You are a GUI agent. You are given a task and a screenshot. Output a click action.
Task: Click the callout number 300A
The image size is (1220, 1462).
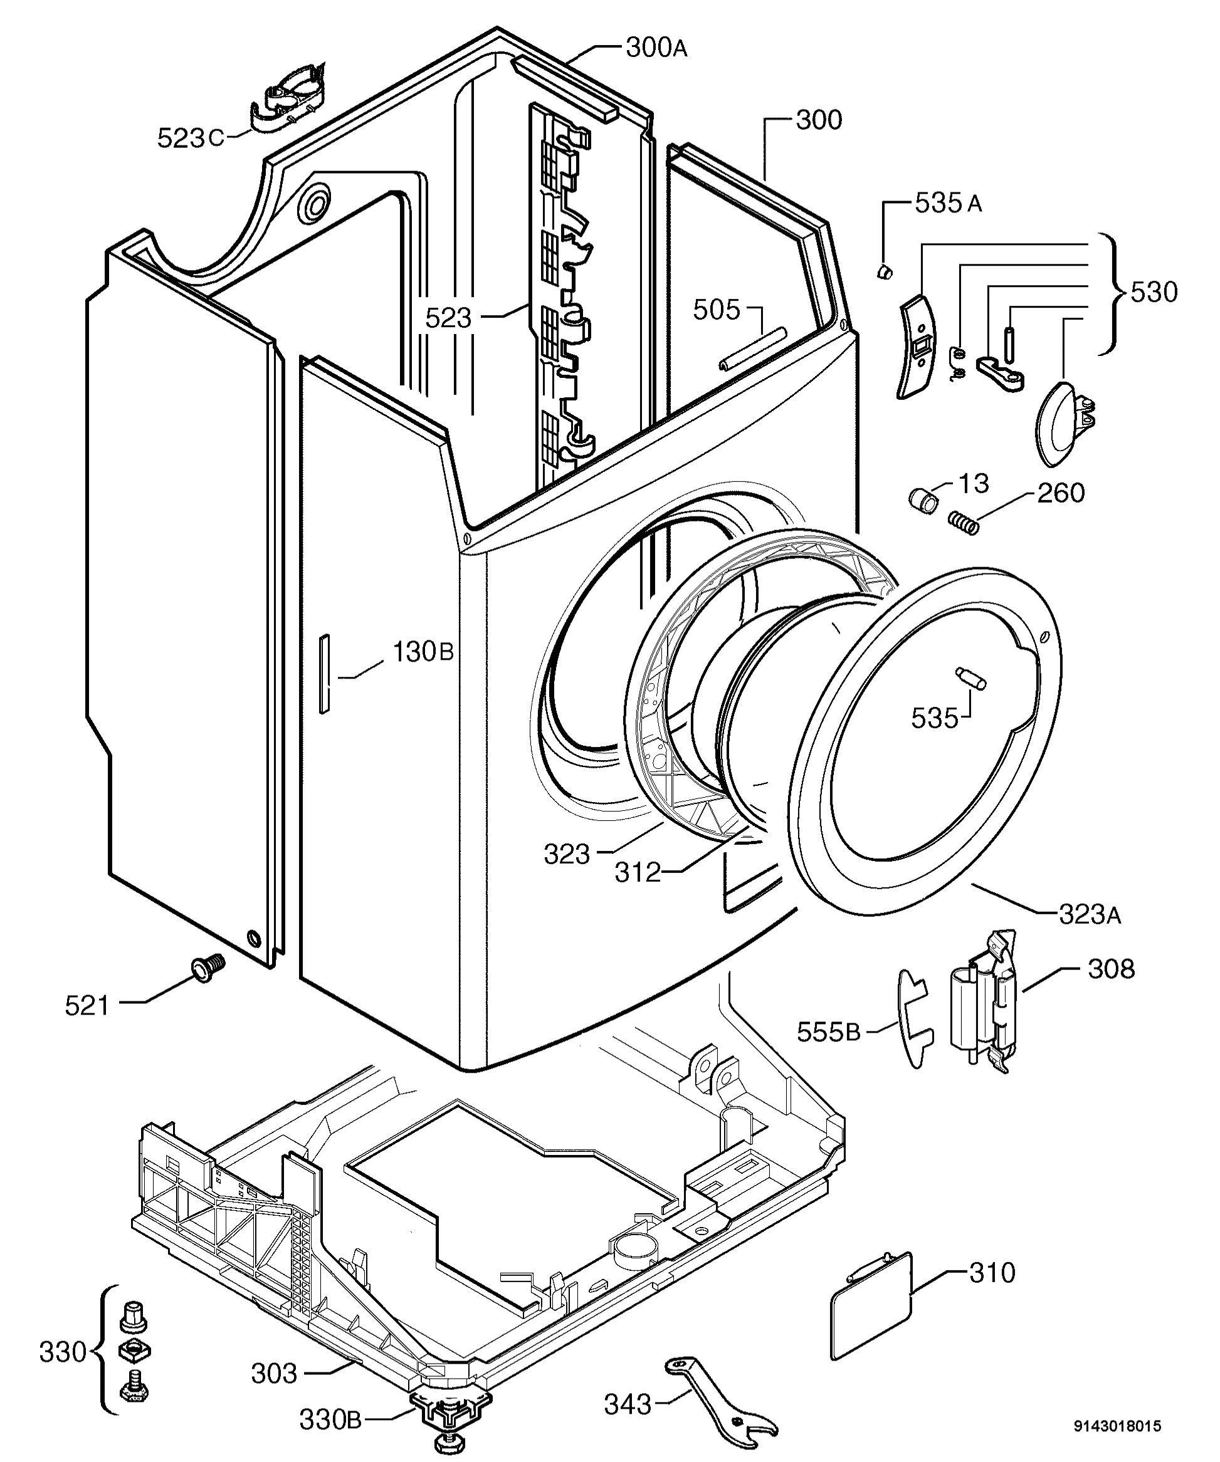(656, 48)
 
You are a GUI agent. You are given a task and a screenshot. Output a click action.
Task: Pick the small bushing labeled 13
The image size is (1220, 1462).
(923, 499)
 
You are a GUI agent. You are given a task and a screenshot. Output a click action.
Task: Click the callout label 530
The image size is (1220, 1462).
(1153, 293)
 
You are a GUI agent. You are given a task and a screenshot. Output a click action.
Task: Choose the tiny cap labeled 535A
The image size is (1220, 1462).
(885, 270)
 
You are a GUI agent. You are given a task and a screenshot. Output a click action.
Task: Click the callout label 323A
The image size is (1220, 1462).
(1089, 916)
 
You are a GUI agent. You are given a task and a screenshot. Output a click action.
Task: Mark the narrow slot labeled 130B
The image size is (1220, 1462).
(323, 672)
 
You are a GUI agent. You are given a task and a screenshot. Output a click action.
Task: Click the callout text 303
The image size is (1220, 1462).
(274, 1374)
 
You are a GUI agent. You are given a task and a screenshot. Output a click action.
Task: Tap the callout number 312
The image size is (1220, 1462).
(637, 872)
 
